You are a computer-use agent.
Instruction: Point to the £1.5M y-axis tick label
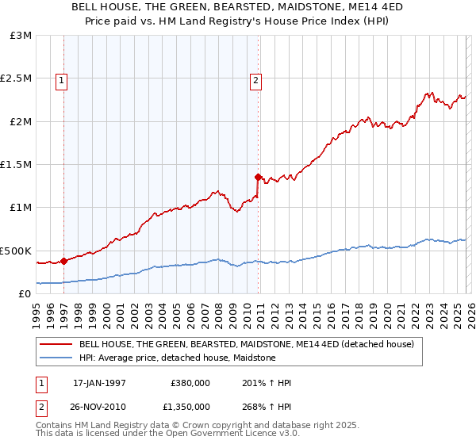click(x=16, y=165)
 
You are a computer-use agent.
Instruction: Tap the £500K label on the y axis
click(x=16, y=251)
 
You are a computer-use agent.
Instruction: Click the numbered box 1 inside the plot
click(x=62, y=79)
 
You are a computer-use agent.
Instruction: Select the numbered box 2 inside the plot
click(x=256, y=79)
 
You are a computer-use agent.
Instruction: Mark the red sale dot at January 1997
click(x=63, y=260)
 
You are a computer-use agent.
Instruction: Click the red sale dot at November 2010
click(x=258, y=177)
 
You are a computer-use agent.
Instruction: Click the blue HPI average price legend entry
click(x=177, y=358)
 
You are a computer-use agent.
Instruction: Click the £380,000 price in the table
click(x=190, y=383)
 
